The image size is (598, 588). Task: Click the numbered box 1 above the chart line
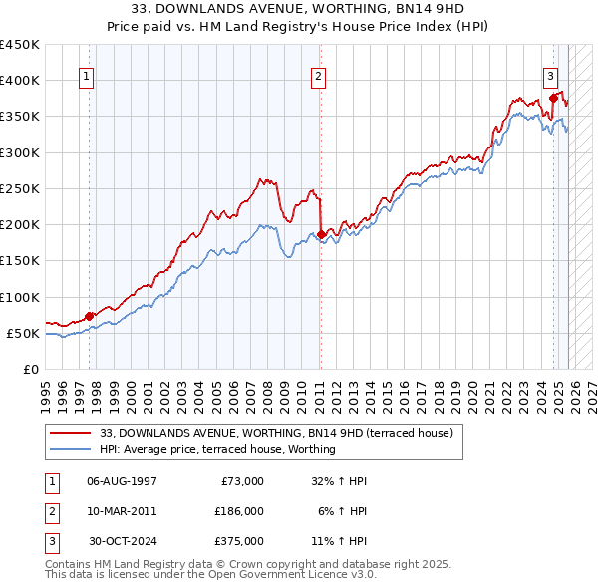point(87,76)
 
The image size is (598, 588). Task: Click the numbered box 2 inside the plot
point(318,76)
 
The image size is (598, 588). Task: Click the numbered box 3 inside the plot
point(550,76)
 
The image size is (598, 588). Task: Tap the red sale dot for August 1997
point(90,316)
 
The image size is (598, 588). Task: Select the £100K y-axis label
point(19,297)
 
